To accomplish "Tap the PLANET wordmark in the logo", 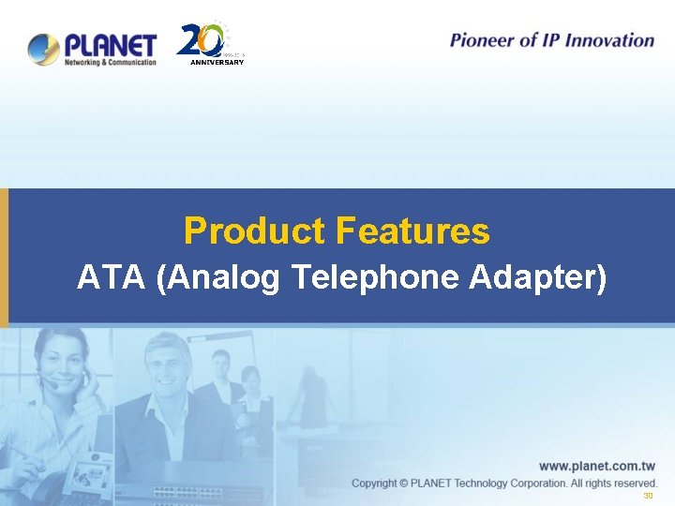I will [x=110, y=43].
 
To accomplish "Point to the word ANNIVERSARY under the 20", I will [x=217, y=62].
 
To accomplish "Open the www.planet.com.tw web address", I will [x=596, y=466].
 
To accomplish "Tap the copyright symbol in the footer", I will [x=402, y=484].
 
